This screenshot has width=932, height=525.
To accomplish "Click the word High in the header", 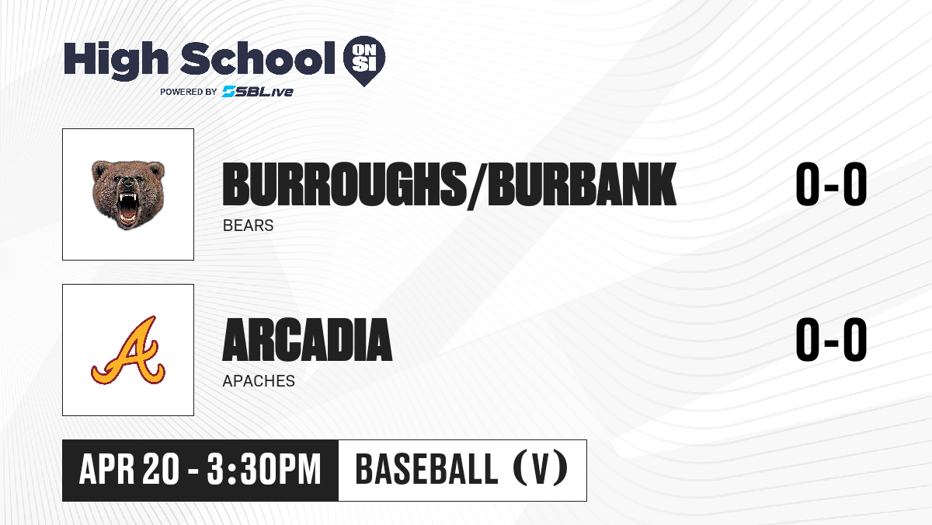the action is coord(116,61).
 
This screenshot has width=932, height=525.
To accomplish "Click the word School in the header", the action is coord(258,58).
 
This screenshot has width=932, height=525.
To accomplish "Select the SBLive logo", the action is coord(258,92).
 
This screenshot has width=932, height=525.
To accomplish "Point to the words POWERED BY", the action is coord(189,92).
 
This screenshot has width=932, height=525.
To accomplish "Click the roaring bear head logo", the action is coord(128,194).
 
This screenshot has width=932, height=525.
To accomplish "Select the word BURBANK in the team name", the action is coord(582,184).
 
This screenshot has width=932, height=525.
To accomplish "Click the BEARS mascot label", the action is coord(248,226).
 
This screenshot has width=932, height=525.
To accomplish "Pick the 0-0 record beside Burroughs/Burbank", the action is coord(831,184).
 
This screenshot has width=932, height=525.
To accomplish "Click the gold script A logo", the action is coord(128,350).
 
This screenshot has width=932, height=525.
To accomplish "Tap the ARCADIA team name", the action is coord(307,340).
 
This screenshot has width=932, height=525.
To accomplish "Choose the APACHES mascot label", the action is coord(259,381).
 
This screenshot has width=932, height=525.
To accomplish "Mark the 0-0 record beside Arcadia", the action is coord(831,340).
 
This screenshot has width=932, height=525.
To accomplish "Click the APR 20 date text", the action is coord(129,470).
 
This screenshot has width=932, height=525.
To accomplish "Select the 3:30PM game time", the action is coord(264,470).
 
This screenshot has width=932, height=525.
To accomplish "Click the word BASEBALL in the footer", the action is coord(426,470).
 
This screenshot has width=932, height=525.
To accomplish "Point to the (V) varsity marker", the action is coord(541,470).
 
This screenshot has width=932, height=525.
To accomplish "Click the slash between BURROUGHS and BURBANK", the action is coord(477,186).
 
